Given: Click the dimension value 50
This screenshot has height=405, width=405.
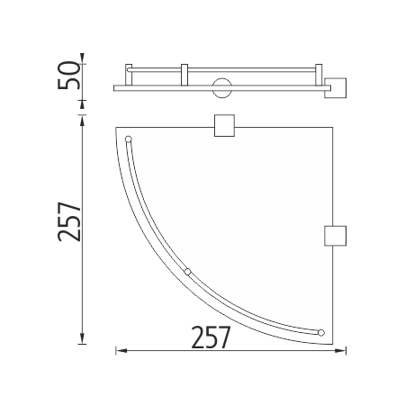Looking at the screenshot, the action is coord(69,75).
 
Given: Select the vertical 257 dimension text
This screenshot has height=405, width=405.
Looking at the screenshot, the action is coord(69,221).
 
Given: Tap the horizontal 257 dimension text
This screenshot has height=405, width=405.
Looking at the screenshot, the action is coord(211,337).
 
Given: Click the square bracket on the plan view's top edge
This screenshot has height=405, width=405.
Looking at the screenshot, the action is coord(224,125).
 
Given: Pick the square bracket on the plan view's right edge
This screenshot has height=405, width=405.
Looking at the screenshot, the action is coord(336,236).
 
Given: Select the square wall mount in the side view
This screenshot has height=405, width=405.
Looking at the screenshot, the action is coord(336,88).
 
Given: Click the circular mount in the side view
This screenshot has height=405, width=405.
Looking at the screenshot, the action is coord(222,88).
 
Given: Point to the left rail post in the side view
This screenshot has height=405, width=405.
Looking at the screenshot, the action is coord(129,75).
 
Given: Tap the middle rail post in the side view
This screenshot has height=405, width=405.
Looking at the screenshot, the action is coord(184,75).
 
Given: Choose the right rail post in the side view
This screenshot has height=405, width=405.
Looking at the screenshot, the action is coord(319,75).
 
